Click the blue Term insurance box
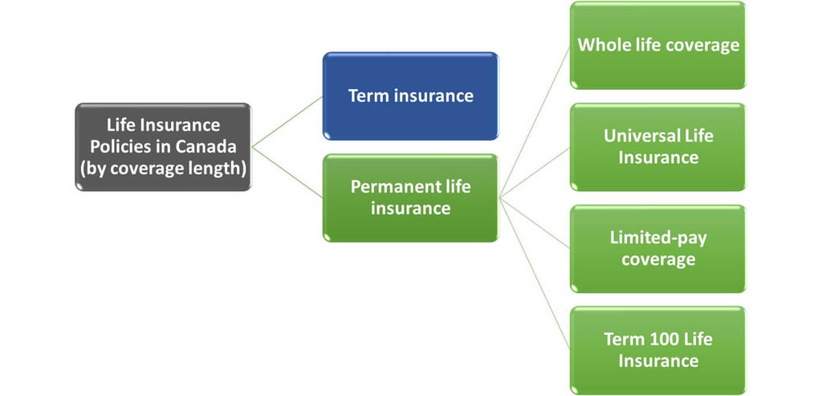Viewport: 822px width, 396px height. click(410, 96)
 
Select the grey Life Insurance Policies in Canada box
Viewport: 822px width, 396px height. click(163, 146)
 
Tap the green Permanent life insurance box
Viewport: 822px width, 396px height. click(410, 198)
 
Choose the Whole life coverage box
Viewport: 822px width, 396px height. click(657, 45)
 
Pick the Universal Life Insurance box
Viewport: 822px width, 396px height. click(657, 147)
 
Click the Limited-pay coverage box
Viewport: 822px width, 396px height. click(657, 249)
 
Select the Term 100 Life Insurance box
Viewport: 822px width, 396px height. click(657, 350)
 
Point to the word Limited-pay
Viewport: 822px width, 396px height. click(658, 238)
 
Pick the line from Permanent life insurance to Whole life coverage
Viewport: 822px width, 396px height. click(535, 121)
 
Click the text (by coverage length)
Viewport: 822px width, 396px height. click(163, 168)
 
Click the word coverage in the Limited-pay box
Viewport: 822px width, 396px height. click(657, 259)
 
